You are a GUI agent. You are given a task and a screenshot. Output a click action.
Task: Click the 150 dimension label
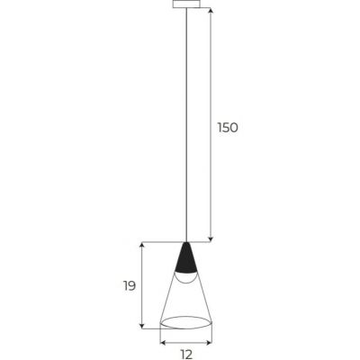(227, 128)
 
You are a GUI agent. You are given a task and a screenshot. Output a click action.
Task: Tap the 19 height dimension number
(130, 286)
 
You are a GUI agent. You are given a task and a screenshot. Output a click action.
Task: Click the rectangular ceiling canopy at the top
(185, 4)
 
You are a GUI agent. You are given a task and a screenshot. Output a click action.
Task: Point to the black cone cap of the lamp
(185, 260)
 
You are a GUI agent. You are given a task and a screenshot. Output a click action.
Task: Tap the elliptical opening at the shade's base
(185, 321)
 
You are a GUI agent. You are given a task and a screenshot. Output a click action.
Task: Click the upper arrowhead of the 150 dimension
(211, 11)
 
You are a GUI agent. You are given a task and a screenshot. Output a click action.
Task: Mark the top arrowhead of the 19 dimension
(142, 245)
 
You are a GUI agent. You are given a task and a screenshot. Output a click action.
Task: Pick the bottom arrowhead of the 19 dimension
(142, 325)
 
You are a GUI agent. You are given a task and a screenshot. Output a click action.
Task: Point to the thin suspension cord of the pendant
(185, 126)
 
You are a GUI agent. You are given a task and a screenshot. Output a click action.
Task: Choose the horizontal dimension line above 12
(185, 341)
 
